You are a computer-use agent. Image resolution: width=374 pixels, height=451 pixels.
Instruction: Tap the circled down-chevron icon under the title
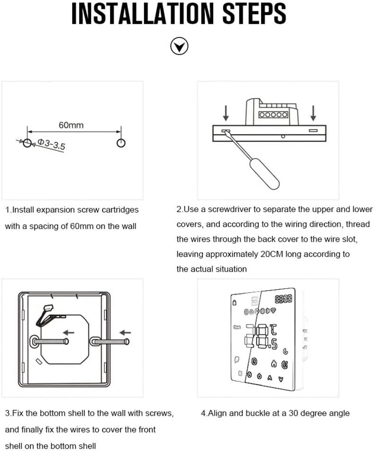[x=179, y=46]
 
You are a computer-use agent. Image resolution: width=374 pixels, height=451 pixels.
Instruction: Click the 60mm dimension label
[x=71, y=125]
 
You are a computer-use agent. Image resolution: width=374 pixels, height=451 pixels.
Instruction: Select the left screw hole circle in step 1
[x=28, y=143]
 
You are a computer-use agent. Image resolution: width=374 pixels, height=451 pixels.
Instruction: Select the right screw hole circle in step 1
[x=121, y=143]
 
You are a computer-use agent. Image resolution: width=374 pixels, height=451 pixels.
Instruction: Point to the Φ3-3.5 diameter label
[x=51, y=144]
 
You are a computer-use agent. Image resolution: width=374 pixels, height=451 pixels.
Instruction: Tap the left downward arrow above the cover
[x=226, y=113]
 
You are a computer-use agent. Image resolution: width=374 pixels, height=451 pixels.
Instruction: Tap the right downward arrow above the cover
[x=313, y=113]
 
